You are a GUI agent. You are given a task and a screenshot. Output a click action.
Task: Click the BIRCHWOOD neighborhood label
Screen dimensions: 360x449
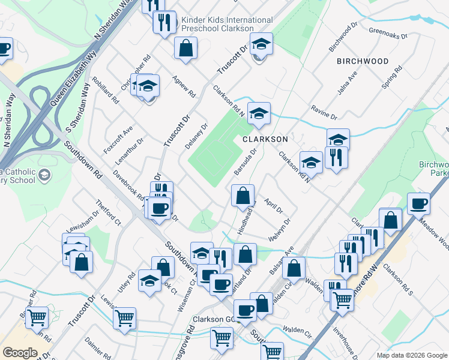[x=363, y=61]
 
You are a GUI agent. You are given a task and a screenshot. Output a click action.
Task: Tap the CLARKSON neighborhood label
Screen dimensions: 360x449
[x=265, y=139]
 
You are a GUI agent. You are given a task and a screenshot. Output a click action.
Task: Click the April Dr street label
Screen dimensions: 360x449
[x=273, y=204]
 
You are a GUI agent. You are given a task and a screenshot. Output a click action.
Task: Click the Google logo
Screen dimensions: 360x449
[x=20, y=353]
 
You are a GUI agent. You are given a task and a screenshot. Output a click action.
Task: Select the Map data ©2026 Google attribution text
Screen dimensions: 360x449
[x=411, y=355]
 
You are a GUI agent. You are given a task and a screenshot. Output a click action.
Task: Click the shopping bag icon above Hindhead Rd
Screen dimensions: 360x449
[x=243, y=195]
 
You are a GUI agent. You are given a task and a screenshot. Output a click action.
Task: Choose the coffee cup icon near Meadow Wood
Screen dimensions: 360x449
[x=418, y=203]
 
